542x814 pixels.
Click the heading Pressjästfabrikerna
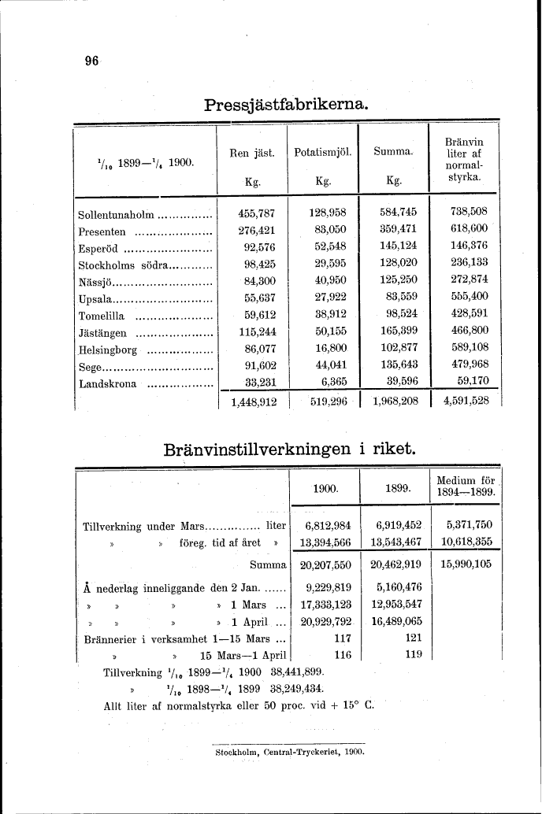coord(285,104)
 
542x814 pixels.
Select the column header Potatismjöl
coord(322,152)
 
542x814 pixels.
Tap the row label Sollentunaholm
coord(117,213)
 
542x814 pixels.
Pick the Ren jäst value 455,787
coord(256,213)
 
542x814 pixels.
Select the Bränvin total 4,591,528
coord(466,401)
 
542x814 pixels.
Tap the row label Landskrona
coord(108,384)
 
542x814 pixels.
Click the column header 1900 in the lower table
coord(325,487)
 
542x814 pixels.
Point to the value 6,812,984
coord(326,525)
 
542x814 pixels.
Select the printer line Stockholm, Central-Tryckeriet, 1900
coord(289,753)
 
